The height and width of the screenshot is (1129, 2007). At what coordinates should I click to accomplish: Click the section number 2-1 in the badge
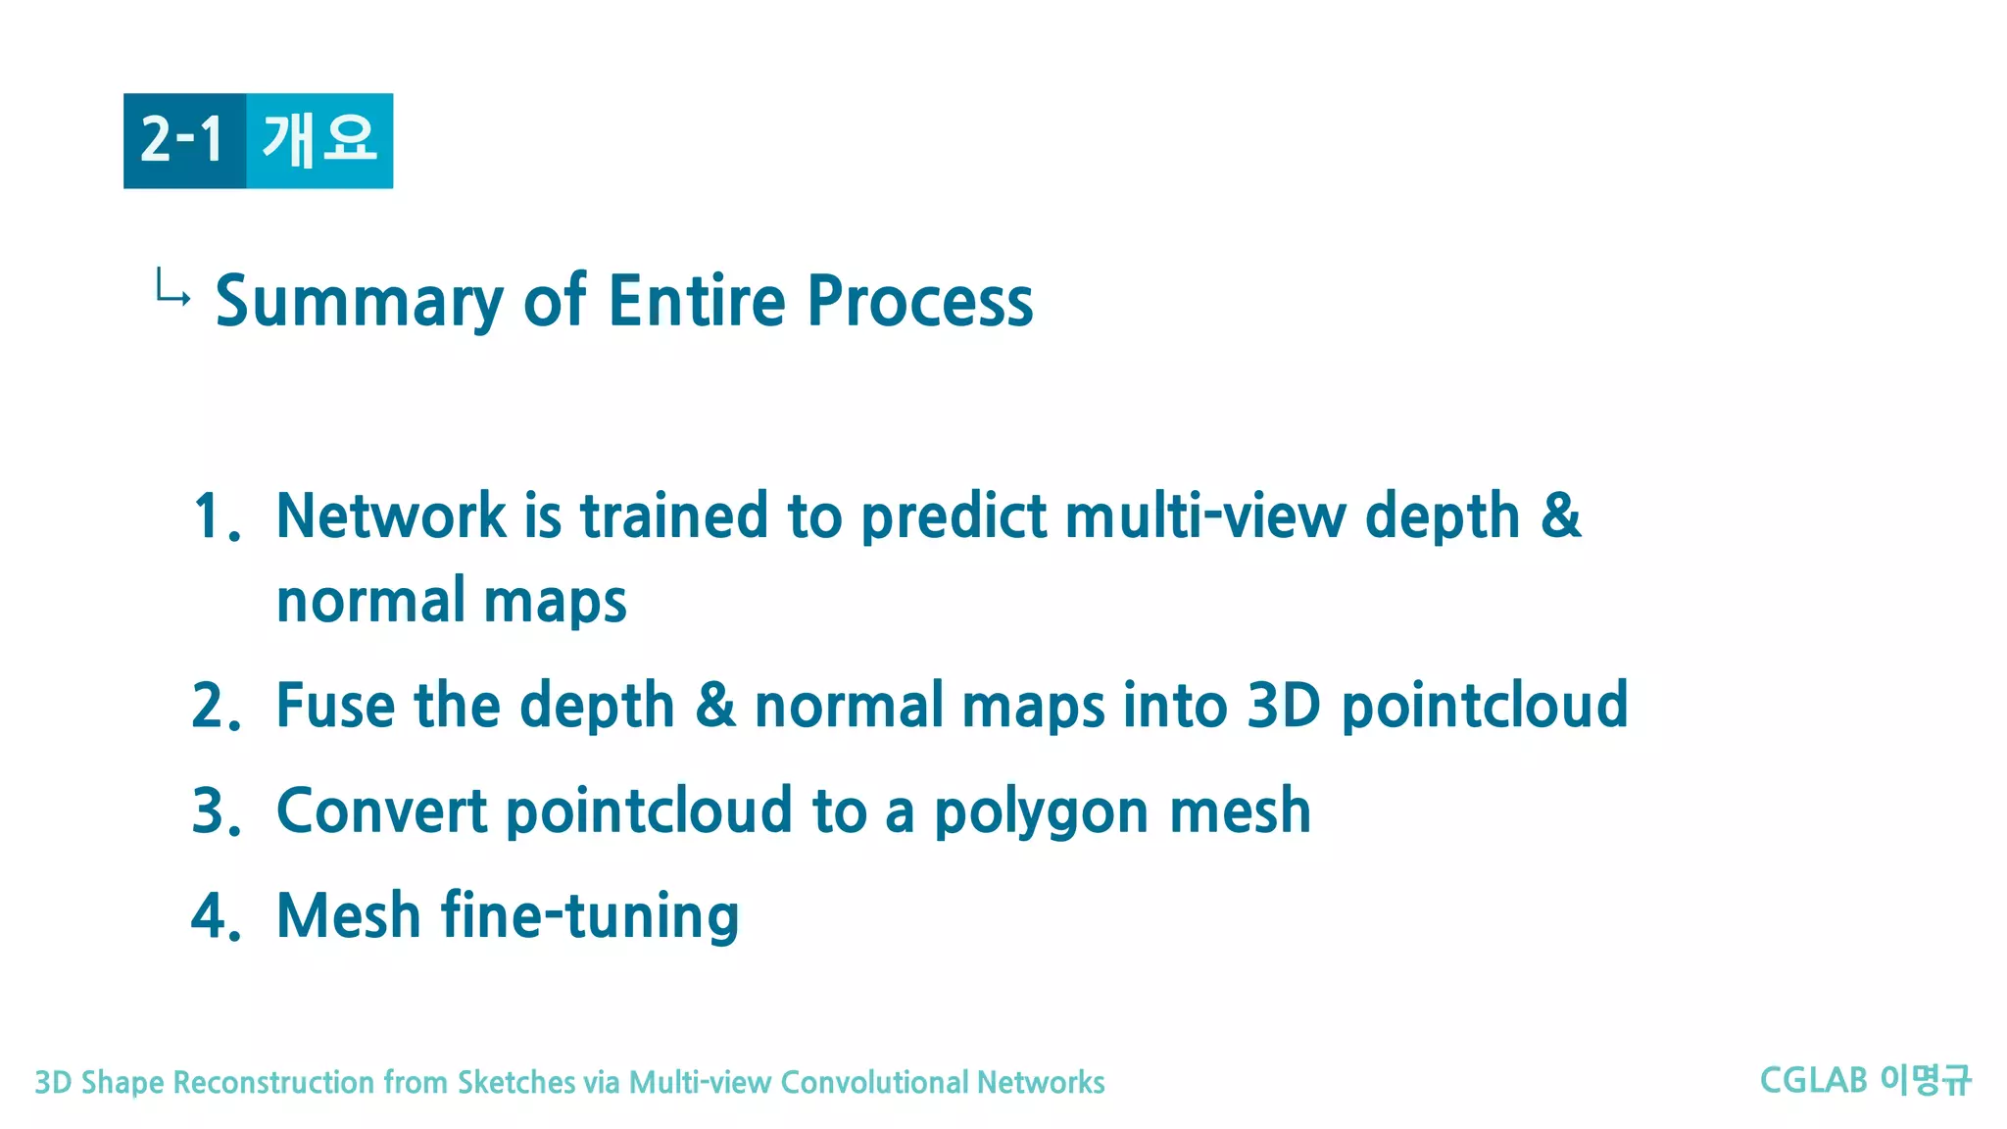coord(183,139)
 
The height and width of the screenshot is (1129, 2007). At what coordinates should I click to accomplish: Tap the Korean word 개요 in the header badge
coord(319,139)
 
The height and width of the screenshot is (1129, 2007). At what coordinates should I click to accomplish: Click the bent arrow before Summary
coord(172,288)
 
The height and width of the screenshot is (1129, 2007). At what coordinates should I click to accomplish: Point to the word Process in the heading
coord(920,301)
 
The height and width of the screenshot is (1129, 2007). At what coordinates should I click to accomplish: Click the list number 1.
coord(216,516)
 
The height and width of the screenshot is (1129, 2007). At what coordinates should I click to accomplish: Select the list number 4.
coord(216,916)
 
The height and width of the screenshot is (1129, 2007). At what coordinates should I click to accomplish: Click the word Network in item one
coord(391,516)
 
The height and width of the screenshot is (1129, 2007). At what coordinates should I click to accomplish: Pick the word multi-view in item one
coord(1204,516)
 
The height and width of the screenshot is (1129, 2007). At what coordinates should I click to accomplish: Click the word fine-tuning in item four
coord(590,916)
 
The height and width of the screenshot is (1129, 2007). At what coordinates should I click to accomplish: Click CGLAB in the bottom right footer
coord(1813,1081)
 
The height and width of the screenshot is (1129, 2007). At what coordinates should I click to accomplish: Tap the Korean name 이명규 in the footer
coord(1926,1081)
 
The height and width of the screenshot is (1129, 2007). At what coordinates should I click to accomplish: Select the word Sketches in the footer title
coord(516,1083)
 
